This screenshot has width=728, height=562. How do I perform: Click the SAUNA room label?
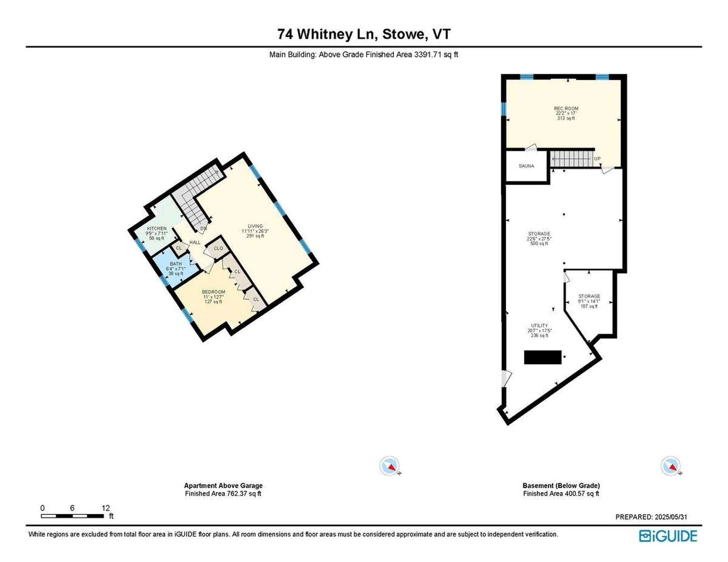526,166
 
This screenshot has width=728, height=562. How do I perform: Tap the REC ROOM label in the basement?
566,109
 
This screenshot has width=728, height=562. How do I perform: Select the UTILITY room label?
539,326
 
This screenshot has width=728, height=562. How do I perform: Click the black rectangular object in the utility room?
542,357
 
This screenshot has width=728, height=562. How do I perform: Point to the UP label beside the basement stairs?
597,159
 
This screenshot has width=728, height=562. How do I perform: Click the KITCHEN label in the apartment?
157,229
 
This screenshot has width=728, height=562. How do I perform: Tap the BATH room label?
176,264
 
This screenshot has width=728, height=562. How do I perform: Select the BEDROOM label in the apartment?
213,292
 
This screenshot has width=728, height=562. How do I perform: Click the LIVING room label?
255,226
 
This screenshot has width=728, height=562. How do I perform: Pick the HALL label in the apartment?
195,243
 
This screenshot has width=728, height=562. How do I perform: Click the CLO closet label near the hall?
218,249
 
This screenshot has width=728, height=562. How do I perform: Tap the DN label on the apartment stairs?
203,229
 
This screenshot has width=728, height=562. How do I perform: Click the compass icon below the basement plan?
670,466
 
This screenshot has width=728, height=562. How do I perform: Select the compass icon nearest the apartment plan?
389,466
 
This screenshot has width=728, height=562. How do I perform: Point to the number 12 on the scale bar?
106,508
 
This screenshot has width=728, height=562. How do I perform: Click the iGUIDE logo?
668,536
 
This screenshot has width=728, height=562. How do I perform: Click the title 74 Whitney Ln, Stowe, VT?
364,34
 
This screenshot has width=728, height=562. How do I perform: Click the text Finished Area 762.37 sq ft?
223,493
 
